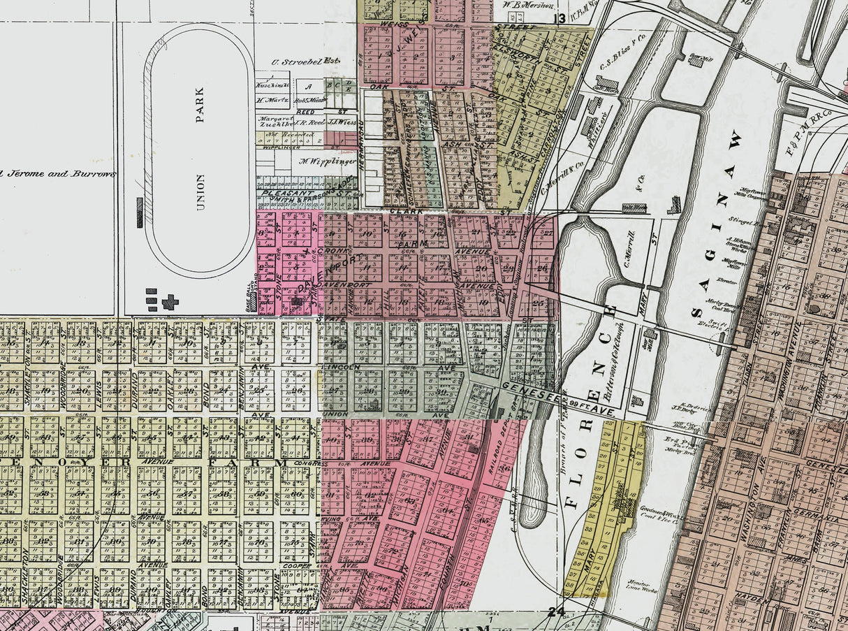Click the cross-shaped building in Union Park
170,302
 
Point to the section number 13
559,19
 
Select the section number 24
556,612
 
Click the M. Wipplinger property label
323,161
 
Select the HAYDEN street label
752,600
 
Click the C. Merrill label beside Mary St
627,250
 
